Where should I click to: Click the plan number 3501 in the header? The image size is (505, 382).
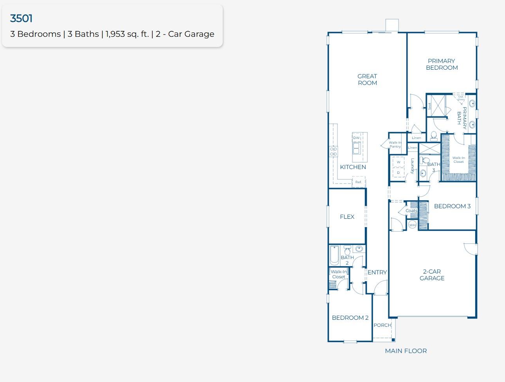coord(21,18)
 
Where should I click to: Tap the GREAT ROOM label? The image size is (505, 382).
coord(367,79)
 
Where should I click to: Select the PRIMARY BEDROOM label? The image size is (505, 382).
coord(442,64)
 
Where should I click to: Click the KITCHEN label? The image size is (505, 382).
coord(353,167)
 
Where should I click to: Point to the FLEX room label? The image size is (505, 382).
coord(347,217)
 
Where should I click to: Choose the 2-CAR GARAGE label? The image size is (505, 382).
coord(432,275)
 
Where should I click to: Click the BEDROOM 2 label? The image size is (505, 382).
coord(350,318)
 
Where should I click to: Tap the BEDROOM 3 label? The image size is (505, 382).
coord(452,206)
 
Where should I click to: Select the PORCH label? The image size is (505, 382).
coord(382,325)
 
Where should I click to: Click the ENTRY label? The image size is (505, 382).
coord(377,272)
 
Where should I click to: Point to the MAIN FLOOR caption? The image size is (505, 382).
coord(406,351)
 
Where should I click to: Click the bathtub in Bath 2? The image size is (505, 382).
coord(334,255)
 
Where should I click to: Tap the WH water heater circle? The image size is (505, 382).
coord(412,225)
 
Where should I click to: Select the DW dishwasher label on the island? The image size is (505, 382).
coord(356,138)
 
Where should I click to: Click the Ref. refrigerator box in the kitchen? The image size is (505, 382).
coord(359,182)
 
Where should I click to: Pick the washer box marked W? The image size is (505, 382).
coord(399,162)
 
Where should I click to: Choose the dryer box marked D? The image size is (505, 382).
coord(399,173)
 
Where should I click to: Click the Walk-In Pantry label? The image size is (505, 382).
coord(395,144)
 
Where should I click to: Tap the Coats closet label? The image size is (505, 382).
coord(411,211)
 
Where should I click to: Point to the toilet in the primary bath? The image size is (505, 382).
coord(434,136)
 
